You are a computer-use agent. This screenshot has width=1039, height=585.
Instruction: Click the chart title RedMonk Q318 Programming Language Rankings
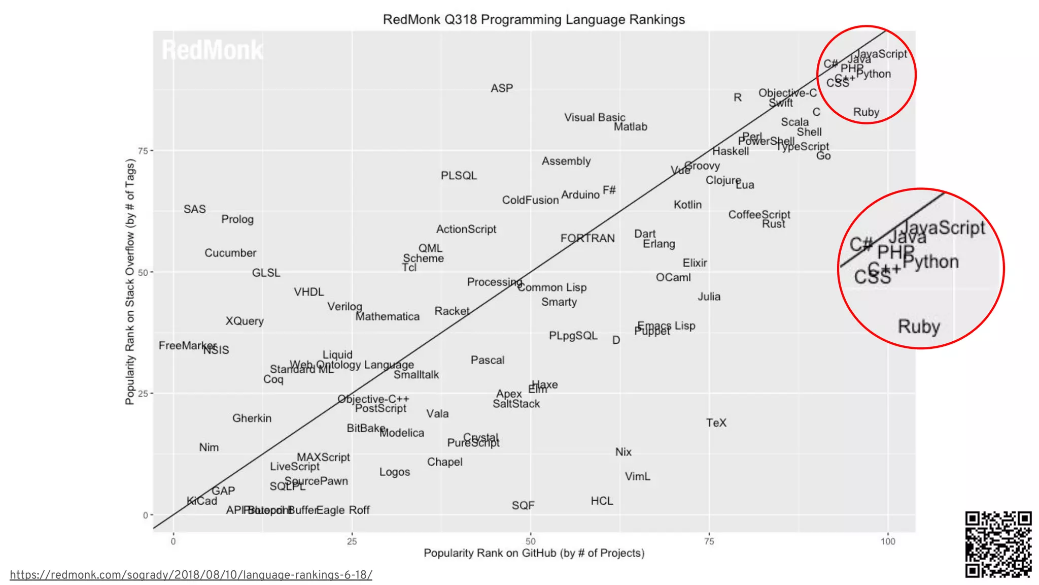tap(534, 20)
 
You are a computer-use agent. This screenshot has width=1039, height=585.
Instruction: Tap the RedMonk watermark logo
tap(212, 50)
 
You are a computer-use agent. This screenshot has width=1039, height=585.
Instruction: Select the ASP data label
tap(502, 88)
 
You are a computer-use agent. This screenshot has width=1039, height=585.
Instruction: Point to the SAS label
tap(195, 209)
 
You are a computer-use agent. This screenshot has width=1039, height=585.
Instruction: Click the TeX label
tap(716, 423)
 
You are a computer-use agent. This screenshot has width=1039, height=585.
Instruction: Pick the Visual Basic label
tap(595, 117)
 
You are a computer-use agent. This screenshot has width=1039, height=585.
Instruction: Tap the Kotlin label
tap(687, 205)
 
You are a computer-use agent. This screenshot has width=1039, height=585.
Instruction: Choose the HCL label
tap(602, 501)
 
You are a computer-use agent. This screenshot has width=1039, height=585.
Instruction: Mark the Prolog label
tap(237, 219)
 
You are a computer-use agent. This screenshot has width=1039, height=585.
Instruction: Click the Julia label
tap(709, 297)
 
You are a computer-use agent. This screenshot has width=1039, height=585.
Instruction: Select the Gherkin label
tap(252, 418)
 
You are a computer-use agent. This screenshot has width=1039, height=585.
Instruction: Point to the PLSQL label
tap(459, 176)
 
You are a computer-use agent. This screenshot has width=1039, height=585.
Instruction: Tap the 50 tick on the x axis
tap(530, 542)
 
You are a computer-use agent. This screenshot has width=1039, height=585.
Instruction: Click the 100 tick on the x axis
tap(888, 542)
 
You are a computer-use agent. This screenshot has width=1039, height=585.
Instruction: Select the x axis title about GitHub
tap(534, 554)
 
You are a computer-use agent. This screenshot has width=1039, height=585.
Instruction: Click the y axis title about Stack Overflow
tap(130, 282)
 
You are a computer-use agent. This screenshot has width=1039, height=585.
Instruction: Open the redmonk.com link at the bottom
tap(191, 575)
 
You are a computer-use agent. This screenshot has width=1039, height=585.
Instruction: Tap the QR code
tap(998, 544)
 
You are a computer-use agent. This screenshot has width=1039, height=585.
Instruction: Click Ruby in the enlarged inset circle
tap(919, 326)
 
